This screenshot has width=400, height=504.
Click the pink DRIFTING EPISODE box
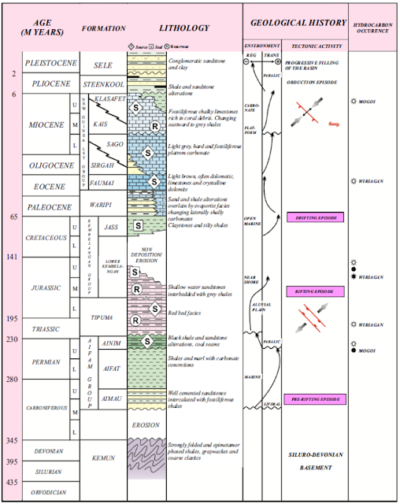[x=315, y=217]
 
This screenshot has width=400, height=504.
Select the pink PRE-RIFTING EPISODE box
[x=314, y=399]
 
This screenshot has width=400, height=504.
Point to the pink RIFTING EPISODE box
[x=315, y=291]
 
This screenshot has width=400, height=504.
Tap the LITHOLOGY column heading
[x=183, y=28]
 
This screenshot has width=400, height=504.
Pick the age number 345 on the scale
[x=13, y=439]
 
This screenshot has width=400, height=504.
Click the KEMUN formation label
[x=103, y=457]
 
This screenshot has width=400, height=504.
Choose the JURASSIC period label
[x=46, y=288]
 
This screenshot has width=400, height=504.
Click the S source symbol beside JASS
[x=139, y=226]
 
